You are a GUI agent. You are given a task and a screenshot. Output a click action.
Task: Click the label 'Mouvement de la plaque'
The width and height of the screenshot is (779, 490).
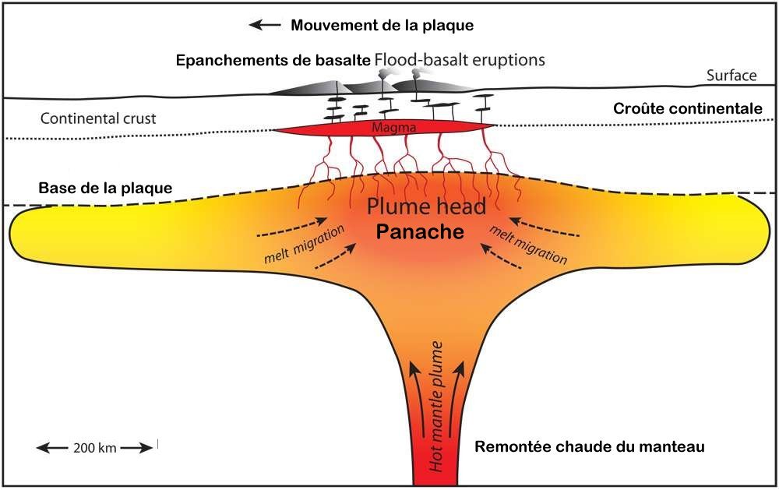(x=382, y=25)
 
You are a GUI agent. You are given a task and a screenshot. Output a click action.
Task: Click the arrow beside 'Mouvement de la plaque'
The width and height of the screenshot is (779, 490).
(x=265, y=25)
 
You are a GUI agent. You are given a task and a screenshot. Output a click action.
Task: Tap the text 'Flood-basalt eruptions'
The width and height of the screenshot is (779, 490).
(x=460, y=60)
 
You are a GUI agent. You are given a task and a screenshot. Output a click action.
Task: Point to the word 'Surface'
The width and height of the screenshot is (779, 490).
(x=731, y=76)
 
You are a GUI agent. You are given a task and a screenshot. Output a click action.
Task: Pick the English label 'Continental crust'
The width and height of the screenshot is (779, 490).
(x=98, y=119)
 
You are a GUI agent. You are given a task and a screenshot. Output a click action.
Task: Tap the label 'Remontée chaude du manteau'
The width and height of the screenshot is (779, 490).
(x=590, y=447)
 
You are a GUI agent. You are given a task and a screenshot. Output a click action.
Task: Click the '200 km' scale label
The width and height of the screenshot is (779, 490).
(x=95, y=448)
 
